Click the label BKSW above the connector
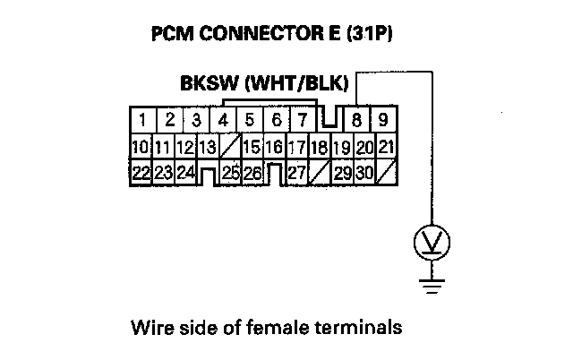coord(208,87)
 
